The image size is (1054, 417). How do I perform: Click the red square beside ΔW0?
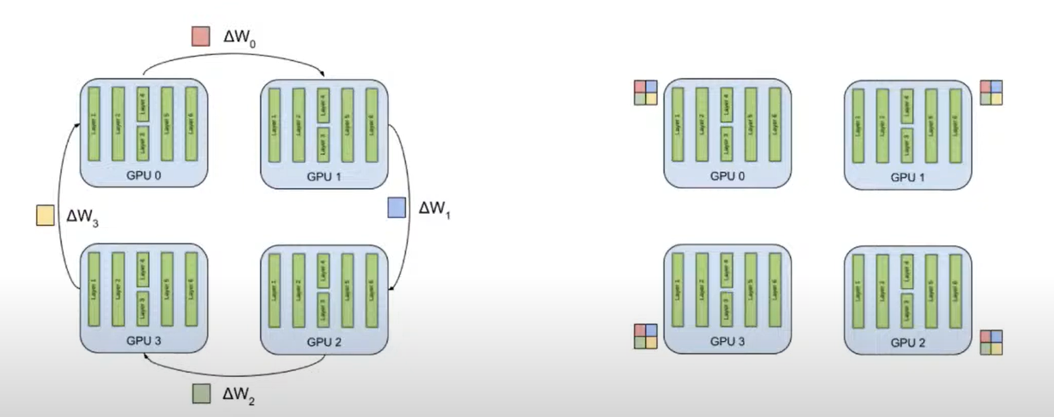click(x=200, y=37)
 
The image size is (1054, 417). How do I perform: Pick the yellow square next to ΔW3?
click(x=45, y=216)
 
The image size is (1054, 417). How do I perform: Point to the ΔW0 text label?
click(x=239, y=38)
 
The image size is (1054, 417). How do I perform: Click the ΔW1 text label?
click(x=435, y=209)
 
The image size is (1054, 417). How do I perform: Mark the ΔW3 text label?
click(x=83, y=217)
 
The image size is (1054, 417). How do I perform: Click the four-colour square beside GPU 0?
click(x=645, y=93)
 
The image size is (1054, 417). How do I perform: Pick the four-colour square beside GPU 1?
click(x=992, y=93)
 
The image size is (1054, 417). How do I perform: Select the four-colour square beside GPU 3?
click(x=645, y=336)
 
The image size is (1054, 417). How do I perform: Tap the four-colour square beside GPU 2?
click(x=992, y=342)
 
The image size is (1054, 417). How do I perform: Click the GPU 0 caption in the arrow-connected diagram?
click(x=143, y=176)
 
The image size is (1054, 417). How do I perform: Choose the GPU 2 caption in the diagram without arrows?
click(x=907, y=343)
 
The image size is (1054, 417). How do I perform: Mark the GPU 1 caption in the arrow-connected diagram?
click(x=324, y=177)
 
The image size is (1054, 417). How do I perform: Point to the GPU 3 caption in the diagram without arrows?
click(x=727, y=342)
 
